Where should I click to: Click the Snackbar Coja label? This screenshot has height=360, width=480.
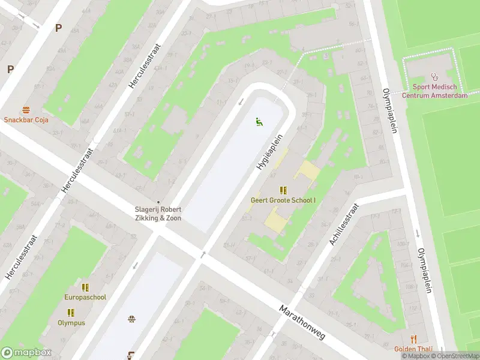[26, 119]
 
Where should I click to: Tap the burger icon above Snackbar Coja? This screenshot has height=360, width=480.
[26, 110]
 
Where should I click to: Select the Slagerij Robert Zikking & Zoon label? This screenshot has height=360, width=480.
[158, 214]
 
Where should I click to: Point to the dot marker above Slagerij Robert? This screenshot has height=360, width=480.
[158, 202]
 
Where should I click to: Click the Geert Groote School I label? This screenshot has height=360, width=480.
[283, 200]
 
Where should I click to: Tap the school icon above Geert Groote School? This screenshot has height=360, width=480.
[283, 190]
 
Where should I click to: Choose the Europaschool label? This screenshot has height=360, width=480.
[85, 297]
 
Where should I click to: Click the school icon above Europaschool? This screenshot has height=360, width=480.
[85, 287]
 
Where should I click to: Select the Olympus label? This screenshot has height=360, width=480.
[71, 323]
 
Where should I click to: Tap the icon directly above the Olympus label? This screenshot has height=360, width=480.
[71, 313]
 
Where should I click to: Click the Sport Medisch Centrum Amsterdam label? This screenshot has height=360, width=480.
[434, 91]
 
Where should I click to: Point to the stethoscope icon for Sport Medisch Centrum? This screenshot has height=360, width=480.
[434, 77]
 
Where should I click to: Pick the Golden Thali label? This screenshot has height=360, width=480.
[413, 349]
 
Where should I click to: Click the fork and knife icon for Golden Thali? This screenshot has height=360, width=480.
[413, 340]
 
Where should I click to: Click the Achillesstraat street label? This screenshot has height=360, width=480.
[343, 224]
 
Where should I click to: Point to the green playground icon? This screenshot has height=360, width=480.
[259, 122]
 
